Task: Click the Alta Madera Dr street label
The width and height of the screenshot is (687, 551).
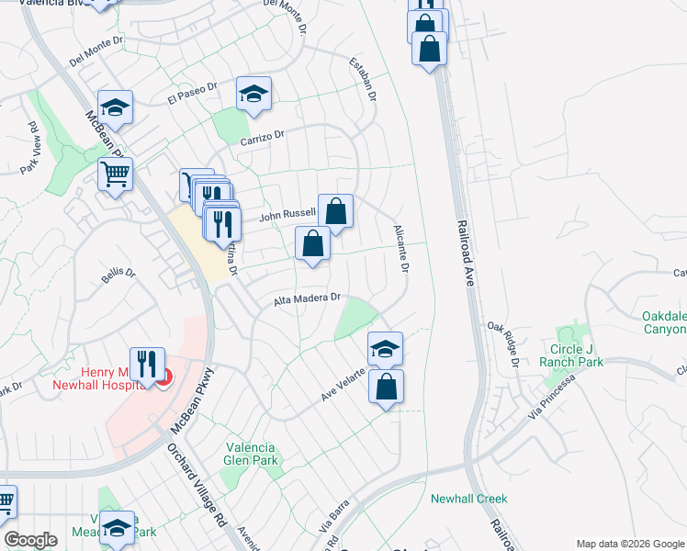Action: click(308, 298)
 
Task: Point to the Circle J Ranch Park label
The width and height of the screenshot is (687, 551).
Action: click(589, 355)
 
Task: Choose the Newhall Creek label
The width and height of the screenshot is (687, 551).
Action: click(468, 499)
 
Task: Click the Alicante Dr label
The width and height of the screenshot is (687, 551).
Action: click(400, 249)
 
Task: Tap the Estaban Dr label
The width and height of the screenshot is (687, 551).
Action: click(364, 79)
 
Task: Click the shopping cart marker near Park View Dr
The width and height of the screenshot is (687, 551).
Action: click(115, 173)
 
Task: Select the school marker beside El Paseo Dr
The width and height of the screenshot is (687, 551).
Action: click(253, 93)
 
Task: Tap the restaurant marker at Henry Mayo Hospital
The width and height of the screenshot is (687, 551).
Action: click(146, 365)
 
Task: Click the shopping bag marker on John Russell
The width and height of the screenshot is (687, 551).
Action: click(336, 210)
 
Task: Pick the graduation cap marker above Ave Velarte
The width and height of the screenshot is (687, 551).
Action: click(385, 348)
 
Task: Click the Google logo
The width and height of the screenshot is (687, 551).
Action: click(31, 540)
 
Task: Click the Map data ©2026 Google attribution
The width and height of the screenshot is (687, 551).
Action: click(629, 544)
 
